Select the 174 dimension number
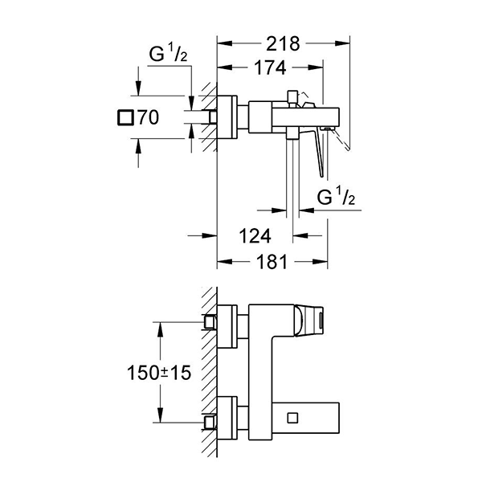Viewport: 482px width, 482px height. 270,70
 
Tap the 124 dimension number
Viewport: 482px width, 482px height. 254,235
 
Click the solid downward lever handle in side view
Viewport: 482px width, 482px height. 321,157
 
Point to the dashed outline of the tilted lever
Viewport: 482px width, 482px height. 344,141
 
